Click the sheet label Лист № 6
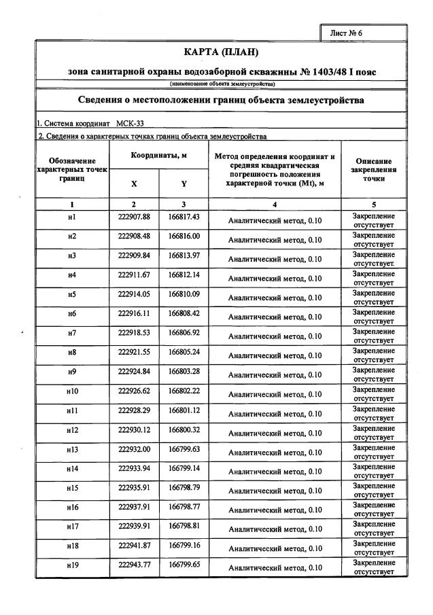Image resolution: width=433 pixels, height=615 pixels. [347, 33]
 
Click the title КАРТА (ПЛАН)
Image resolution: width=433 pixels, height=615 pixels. [222, 52]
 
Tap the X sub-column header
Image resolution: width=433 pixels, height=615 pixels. [134, 183]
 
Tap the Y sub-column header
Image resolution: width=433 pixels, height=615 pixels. [184, 183]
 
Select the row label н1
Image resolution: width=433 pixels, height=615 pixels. [72, 217]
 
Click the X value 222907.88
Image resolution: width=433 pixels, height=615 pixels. [134, 217]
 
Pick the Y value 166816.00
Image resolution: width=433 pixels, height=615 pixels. [184, 236]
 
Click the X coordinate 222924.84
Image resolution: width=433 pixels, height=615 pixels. [134, 372]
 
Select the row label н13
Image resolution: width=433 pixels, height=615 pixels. [72, 450]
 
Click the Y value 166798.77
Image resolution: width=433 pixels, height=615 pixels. [184, 507]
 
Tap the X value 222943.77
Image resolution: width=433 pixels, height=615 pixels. [134, 565]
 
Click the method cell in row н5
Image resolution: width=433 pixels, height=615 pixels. [275, 298]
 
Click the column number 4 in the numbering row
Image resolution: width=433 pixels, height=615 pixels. [275, 204]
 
